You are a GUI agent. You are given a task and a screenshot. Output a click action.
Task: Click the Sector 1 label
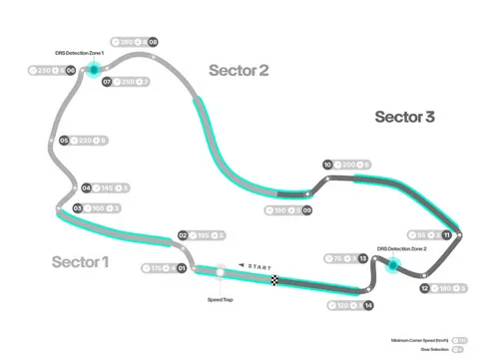coord(80,261)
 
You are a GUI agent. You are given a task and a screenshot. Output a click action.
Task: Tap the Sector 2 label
coord(239,70)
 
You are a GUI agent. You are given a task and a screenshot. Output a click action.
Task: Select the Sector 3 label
coord(404,117)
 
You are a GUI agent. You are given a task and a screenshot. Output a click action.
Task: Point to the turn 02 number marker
coord(183,235)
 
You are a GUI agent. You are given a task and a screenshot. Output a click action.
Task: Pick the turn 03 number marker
coord(77,207)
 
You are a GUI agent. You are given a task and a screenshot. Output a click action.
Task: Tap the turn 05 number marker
coord(64,141)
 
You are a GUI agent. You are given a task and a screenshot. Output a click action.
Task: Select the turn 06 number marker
coord(70,70)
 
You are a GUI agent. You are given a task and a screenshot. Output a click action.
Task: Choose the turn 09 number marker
coord(307,210)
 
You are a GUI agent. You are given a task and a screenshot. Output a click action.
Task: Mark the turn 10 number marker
coord(326,165)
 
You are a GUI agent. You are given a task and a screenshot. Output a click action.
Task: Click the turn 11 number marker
coord(447,234)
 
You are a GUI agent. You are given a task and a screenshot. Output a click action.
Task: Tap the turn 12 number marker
coord(425,288)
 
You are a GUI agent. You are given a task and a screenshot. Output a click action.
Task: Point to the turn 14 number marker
coord(368,304)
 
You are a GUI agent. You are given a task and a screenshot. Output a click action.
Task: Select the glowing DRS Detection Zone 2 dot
coord(392,265)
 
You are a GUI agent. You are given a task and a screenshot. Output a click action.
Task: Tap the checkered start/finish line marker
coord(274,281)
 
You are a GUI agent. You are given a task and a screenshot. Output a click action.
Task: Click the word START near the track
coord(258,266)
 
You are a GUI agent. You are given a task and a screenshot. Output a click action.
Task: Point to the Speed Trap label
coord(221,299)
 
